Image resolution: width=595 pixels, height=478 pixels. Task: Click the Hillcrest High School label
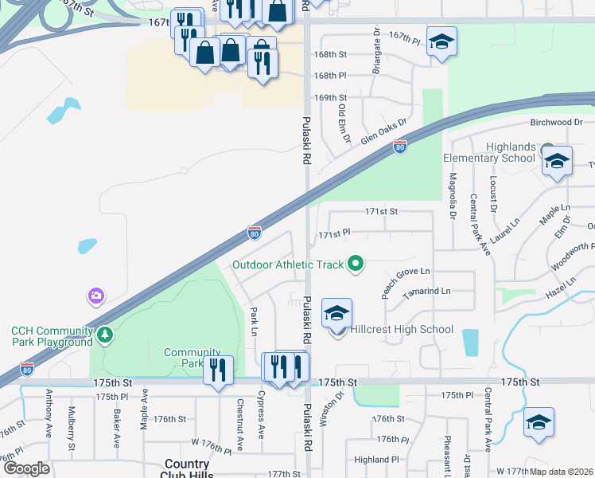pos(402,329)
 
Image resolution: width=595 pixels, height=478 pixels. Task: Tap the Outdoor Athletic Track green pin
pos(356,264)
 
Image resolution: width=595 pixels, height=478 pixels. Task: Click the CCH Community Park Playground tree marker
pos(104,335)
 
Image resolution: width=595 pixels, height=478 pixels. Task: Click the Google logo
pos(26,468)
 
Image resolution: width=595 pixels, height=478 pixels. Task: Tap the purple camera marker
pos(96,296)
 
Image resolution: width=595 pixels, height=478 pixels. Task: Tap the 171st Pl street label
pos(335,235)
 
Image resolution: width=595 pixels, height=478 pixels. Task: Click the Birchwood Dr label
pos(557,123)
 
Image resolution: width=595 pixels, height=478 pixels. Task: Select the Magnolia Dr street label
pos(452,197)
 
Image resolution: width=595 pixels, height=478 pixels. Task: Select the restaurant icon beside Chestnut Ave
pos(218,370)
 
